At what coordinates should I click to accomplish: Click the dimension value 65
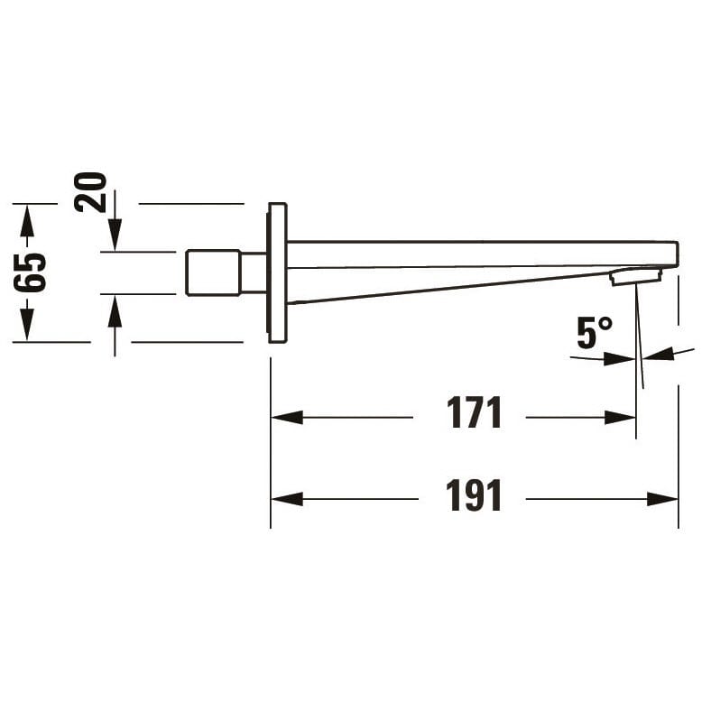click(x=30, y=272)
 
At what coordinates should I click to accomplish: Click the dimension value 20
click(x=91, y=192)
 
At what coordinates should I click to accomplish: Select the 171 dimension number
click(x=474, y=412)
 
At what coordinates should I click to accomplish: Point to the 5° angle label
click(x=595, y=333)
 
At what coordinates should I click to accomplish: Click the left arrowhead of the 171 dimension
click(x=287, y=417)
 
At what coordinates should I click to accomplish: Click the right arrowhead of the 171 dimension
click(x=620, y=417)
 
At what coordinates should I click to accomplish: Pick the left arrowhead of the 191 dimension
click(x=287, y=499)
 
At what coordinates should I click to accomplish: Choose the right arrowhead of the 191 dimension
click(x=662, y=499)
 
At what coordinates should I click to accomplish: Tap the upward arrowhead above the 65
click(x=27, y=220)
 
